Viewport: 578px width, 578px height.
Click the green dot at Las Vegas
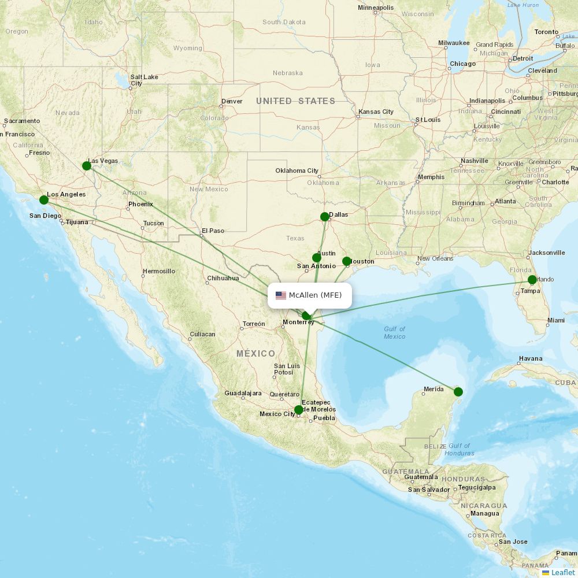(87, 166)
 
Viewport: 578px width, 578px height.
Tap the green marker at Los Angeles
(44, 200)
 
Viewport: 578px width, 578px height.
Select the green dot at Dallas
(325, 217)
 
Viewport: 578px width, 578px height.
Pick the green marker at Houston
(347, 261)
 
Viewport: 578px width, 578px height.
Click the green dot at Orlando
(532, 280)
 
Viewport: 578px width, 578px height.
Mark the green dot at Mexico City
(298, 410)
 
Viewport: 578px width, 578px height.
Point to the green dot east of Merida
(458, 392)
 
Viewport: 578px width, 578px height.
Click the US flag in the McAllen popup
(281, 295)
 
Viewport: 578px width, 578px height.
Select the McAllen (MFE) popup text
(315, 295)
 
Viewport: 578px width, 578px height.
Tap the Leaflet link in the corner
(562, 572)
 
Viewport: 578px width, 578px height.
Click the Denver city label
(232, 101)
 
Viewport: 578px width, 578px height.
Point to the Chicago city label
(462, 64)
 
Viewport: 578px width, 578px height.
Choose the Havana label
(530, 358)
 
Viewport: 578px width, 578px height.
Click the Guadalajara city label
(243, 393)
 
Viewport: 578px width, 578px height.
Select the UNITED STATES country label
(295, 101)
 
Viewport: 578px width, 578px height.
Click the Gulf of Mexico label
(395, 332)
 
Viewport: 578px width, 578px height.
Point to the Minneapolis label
(376, 8)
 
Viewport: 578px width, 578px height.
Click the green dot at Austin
(316, 258)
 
